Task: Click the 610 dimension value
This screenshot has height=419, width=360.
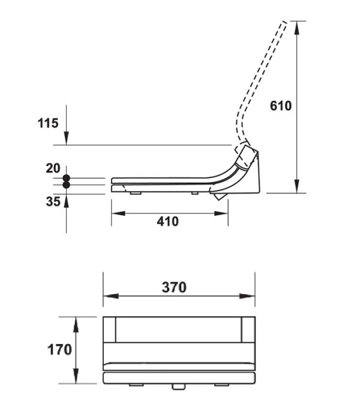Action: click(281, 106)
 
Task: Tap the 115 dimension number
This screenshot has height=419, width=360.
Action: click(48, 123)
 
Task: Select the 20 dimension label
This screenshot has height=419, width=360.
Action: click(53, 168)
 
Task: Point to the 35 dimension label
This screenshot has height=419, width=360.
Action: click(53, 201)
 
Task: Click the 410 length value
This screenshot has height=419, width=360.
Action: click(167, 222)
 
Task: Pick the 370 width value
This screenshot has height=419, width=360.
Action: click(174, 287)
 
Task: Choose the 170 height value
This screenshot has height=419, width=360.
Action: click(59, 349)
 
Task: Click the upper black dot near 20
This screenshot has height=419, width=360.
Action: click(66, 178)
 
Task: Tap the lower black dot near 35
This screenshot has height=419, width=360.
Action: click(66, 185)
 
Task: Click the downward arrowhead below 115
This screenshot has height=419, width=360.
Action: click(67, 138)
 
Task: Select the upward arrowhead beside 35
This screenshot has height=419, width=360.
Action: click(67, 201)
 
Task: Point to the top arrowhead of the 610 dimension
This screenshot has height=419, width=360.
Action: click(296, 28)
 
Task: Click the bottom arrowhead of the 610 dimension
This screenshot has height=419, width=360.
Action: click(296, 186)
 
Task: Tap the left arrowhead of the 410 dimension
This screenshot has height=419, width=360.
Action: click(118, 213)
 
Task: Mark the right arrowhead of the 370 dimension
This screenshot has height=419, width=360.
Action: click(248, 296)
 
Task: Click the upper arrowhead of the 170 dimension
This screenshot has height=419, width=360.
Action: click(76, 324)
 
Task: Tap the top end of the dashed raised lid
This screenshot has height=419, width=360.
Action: click(284, 22)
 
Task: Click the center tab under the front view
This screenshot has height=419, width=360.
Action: click(179, 387)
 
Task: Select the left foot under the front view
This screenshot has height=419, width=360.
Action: click(136, 385)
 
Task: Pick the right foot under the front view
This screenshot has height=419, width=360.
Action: click(221, 385)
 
